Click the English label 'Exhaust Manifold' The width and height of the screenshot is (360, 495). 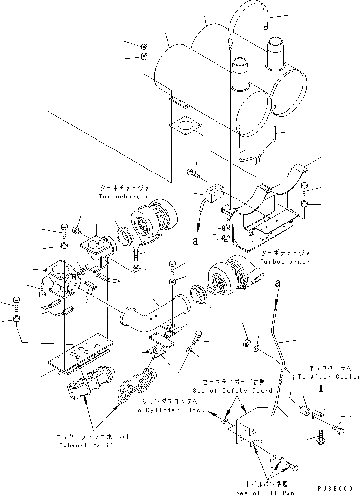(x=93, y=445)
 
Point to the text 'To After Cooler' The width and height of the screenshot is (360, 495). (x=329, y=377)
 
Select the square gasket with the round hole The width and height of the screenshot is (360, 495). (x=185, y=125)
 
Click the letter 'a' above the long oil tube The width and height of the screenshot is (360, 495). (x=278, y=283)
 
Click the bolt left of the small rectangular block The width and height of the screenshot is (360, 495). (x=193, y=173)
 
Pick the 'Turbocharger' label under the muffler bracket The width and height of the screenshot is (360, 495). (x=286, y=262)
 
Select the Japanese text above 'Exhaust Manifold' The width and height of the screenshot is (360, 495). (x=93, y=436)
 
